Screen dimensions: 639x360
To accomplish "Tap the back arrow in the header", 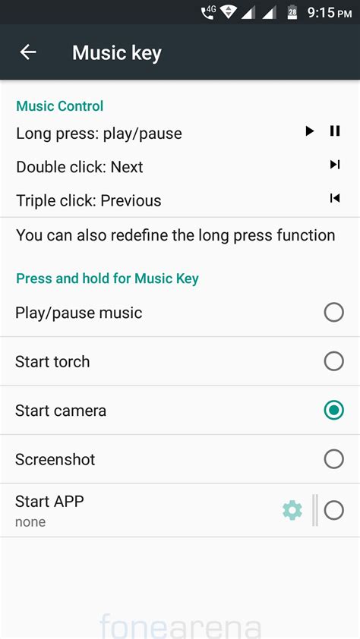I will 28,52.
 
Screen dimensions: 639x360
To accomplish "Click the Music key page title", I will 117,53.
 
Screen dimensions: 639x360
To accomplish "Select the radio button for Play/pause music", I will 333,313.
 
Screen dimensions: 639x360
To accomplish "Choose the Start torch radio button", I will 333,361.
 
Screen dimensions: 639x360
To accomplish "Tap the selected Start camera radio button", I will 333,411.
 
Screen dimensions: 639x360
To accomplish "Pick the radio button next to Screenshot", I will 333,459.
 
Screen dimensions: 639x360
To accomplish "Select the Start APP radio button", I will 333,511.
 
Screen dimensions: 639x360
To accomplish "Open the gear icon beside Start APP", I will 292,511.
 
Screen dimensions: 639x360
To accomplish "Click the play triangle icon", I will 309,131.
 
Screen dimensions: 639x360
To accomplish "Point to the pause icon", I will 335,131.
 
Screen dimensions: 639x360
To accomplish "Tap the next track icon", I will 334,165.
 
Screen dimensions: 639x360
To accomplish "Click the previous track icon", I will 334,199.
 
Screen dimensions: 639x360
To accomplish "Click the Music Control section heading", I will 60,106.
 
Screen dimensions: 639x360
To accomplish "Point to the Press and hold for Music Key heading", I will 107,279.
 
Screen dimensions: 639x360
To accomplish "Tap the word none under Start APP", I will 30,522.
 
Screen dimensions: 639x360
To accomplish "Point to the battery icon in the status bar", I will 292,12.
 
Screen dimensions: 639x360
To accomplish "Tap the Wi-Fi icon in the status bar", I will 228,12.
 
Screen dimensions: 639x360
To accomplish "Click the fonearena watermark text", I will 180,628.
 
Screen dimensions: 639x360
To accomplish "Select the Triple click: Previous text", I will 89,200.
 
